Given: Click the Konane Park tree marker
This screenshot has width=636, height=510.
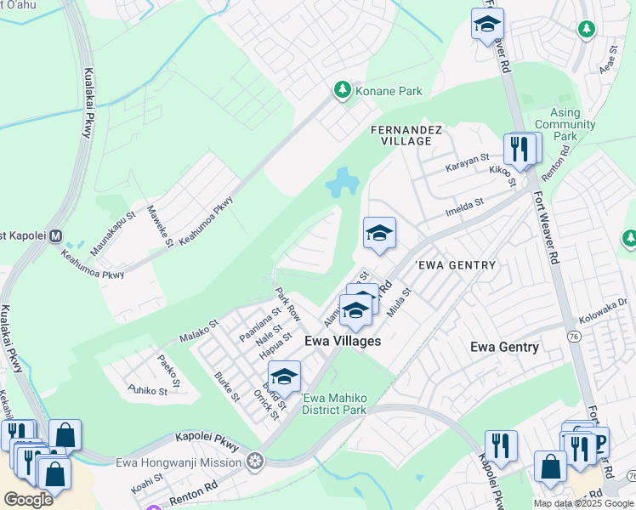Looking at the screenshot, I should (x=342, y=90).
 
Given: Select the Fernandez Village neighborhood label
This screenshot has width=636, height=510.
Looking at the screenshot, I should (x=406, y=135).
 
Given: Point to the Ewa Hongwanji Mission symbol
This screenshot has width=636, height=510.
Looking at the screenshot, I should (x=254, y=462).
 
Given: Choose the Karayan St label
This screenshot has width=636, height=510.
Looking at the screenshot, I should (x=468, y=161).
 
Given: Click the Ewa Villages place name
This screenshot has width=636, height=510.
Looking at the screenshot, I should (x=343, y=341).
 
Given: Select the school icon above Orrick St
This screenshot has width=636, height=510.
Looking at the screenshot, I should (x=284, y=376).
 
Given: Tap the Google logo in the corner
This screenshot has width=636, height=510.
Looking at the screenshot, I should (x=28, y=500).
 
